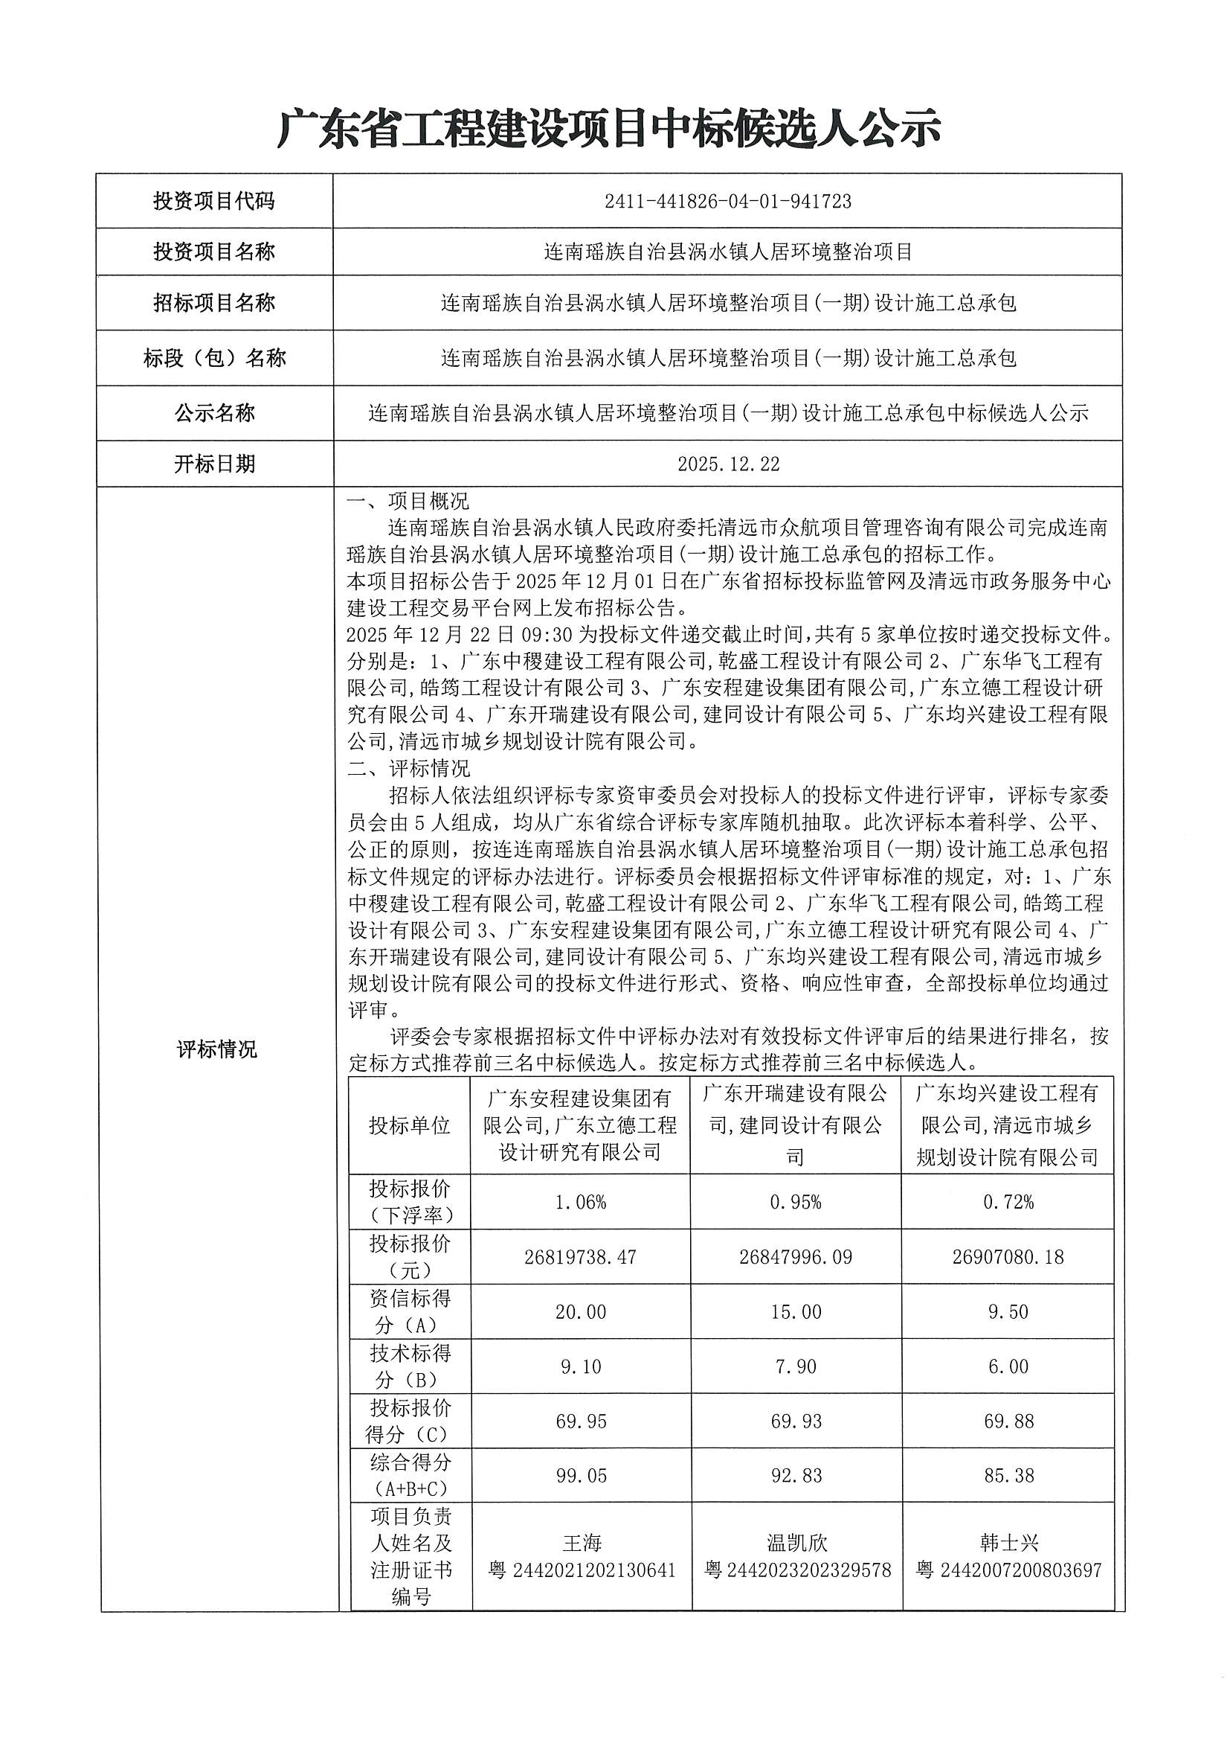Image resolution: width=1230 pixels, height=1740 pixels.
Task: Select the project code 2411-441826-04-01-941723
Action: [727, 202]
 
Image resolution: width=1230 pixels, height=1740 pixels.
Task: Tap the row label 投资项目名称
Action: [214, 252]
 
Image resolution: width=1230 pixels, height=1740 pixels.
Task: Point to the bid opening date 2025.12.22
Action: [728, 464]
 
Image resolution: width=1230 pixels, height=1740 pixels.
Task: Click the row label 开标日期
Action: [214, 464]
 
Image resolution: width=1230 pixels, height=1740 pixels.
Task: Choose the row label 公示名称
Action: [214, 413]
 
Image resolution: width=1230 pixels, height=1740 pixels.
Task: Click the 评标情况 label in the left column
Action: [216, 1049]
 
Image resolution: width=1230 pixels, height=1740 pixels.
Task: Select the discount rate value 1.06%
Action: [580, 1202]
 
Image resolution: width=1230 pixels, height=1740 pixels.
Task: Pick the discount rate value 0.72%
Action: [1008, 1202]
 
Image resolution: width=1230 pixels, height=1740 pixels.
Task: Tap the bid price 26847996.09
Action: [795, 1257]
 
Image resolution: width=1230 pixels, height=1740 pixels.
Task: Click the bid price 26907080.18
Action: [1008, 1257]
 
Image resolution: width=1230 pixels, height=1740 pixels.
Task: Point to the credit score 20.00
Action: [580, 1312]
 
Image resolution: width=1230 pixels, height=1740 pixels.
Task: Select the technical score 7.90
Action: [795, 1366]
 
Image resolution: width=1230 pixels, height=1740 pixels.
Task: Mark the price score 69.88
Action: [1008, 1421]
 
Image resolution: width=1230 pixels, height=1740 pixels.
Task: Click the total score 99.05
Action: [580, 1476]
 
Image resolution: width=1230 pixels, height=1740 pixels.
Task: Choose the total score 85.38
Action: [1008, 1476]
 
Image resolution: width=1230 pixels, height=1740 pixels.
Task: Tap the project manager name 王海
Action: [581, 1542]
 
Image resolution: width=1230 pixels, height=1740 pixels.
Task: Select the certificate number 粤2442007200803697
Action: [1008, 1570]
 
